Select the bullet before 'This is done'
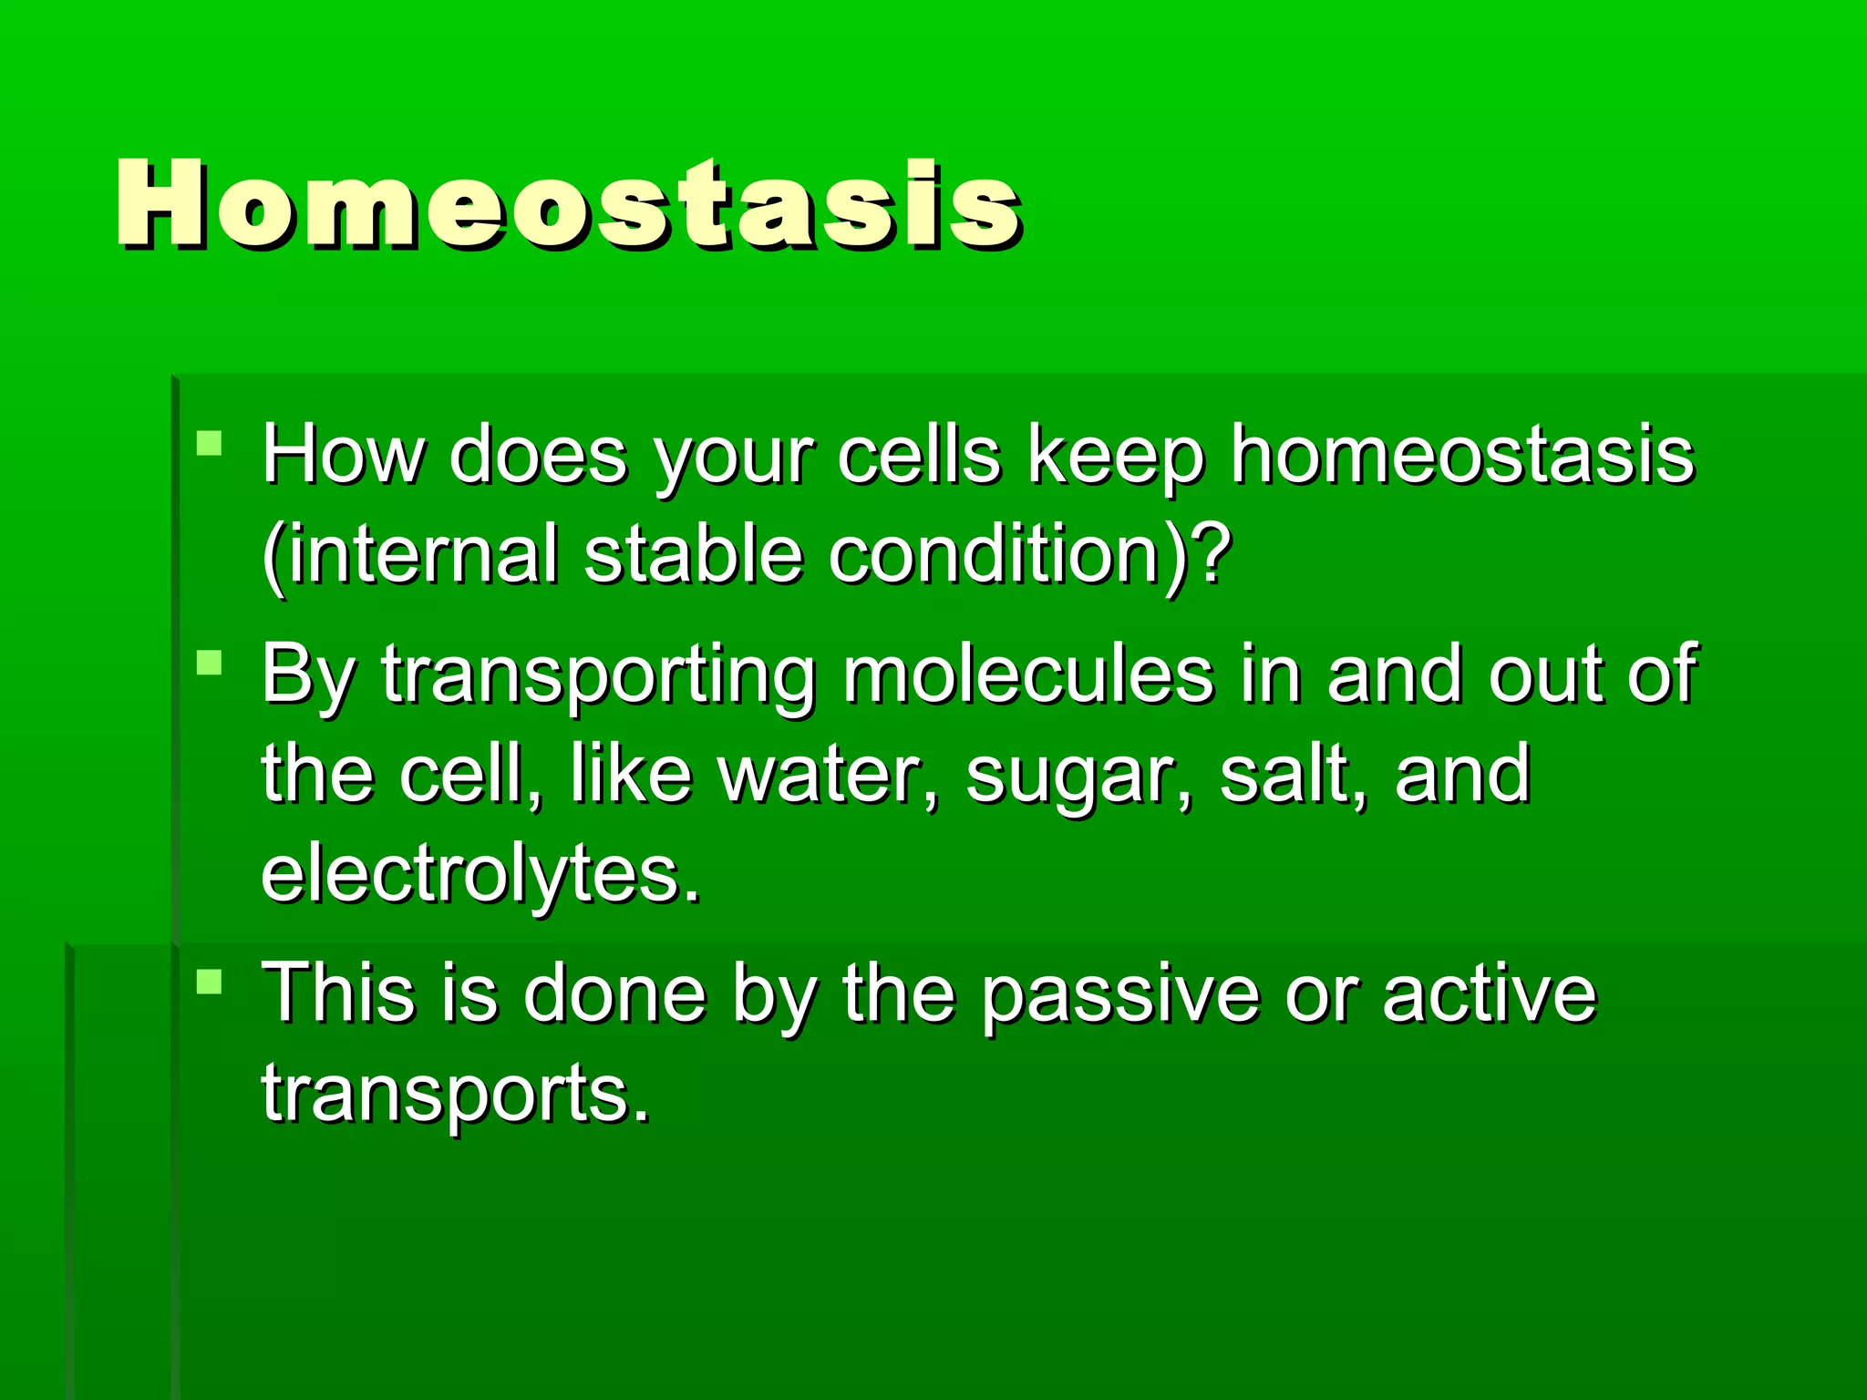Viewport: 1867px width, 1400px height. click(210, 982)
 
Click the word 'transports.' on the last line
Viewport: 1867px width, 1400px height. click(456, 1094)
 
